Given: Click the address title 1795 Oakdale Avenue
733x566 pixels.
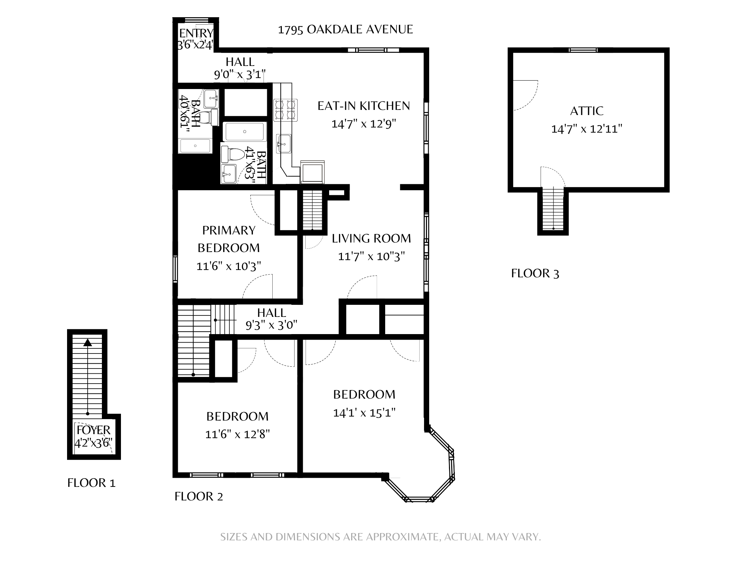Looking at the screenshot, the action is click(345, 29).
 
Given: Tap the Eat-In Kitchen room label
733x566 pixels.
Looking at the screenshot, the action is click(364, 106).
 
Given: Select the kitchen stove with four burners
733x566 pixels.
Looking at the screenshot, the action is click(286, 110).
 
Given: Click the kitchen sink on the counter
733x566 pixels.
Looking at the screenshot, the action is click(284, 143).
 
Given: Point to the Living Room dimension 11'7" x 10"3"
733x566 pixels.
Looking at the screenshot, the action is click(371, 256).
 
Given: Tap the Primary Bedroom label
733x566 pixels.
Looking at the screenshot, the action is click(229, 239).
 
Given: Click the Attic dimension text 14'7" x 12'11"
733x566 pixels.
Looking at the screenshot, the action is click(587, 129).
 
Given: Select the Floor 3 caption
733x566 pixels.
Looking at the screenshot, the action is click(535, 273).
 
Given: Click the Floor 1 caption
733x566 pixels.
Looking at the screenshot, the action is click(91, 483).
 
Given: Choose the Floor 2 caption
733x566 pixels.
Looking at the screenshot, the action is click(199, 496).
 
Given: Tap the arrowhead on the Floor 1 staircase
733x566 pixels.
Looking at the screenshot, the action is click(87, 343).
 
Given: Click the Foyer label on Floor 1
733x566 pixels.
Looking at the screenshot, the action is click(93, 430).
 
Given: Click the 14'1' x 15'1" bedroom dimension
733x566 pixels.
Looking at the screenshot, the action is click(364, 413).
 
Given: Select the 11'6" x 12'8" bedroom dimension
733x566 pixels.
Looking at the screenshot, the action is click(237, 434).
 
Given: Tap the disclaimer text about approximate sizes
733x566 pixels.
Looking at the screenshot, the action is click(380, 537).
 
